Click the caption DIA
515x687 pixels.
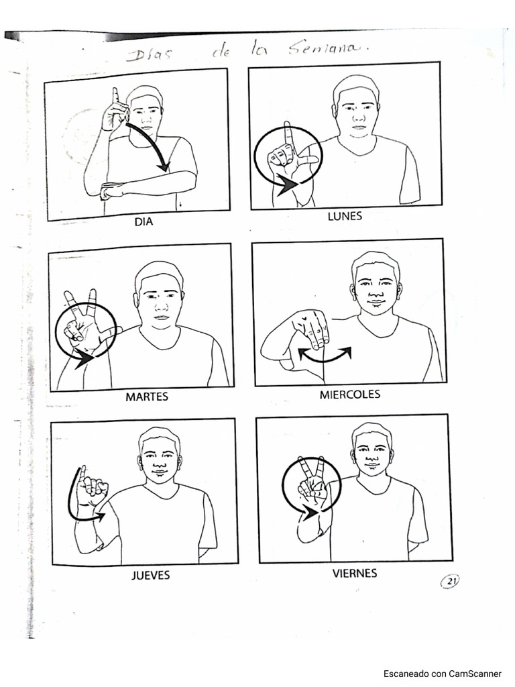pos(144,221)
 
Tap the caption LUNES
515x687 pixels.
pos(345,216)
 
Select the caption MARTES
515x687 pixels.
pos(147,397)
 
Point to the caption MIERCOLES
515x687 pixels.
pos(349,394)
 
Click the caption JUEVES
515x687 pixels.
pos(150,575)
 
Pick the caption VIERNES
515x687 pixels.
pos(354,573)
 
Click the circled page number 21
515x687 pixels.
pos(450,581)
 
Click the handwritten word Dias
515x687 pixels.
pos(149,55)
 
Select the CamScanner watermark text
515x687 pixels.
pos(443,674)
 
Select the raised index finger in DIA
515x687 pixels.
pos(115,98)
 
